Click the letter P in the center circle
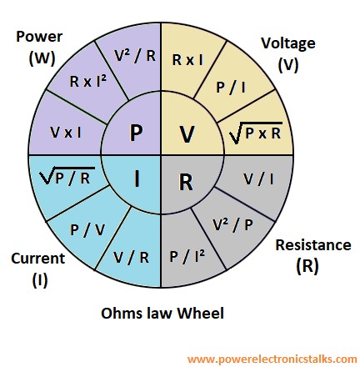coord(135,133)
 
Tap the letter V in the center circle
coord(187,133)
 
